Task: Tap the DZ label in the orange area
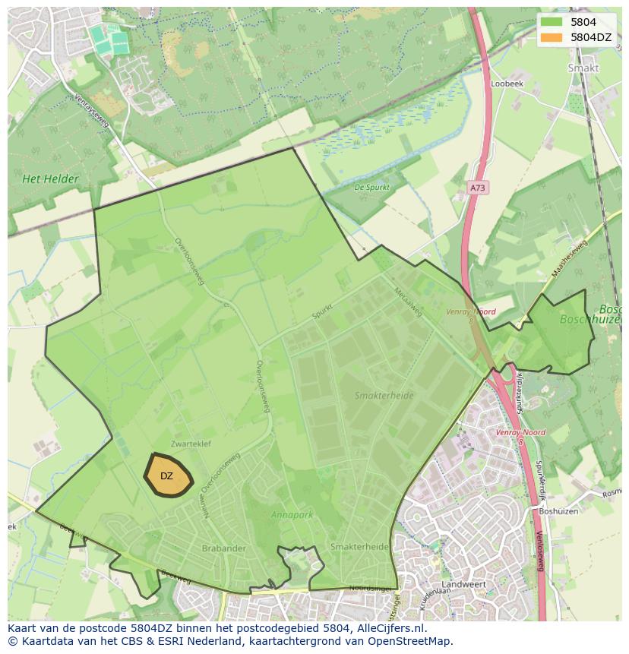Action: (x=166, y=476)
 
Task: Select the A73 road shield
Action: (x=477, y=187)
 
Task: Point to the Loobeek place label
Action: (x=507, y=84)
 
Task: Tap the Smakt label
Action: (x=583, y=68)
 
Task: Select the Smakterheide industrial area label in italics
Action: (x=384, y=396)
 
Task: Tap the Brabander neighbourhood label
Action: (x=224, y=547)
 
